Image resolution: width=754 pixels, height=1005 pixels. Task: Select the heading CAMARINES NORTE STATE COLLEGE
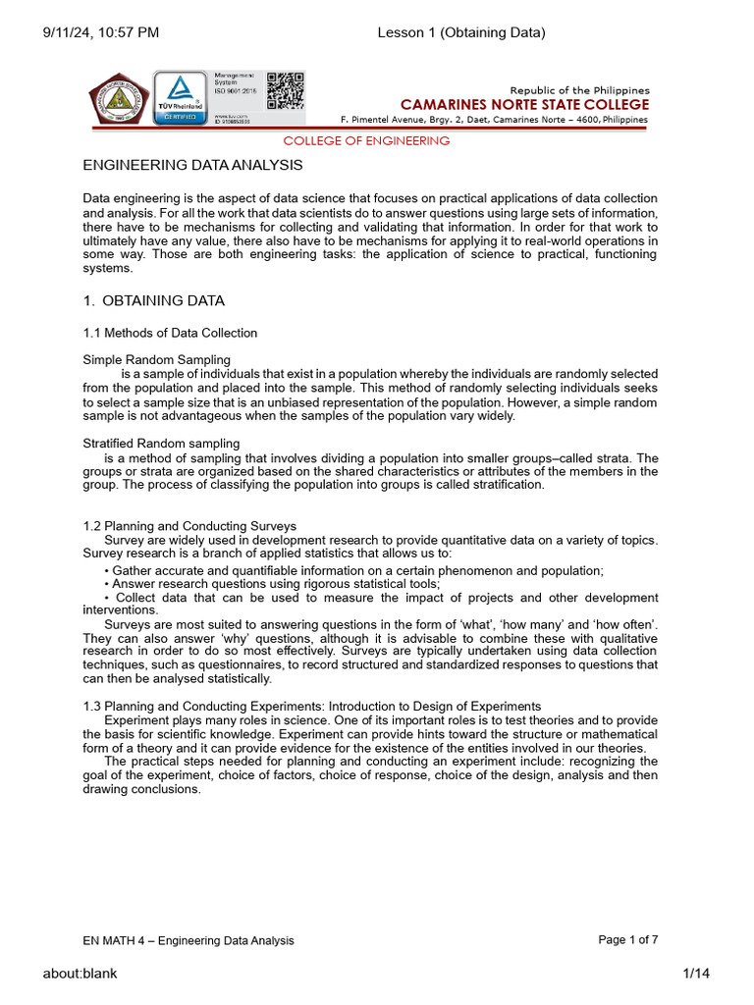(x=524, y=105)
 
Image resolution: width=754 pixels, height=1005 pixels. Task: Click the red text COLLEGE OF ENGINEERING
(x=366, y=140)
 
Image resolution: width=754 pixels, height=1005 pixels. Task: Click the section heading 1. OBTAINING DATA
(x=154, y=300)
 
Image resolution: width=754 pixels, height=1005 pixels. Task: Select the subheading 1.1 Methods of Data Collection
(x=171, y=333)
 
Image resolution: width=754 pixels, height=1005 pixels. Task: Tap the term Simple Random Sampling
(x=157, y=360)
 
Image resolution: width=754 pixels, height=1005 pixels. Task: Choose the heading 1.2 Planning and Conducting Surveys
(x=190, y=527)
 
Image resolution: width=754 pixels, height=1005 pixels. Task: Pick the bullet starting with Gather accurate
(x=353, y=570)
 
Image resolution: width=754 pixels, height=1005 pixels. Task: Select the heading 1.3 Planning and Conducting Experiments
(x=312, y=706)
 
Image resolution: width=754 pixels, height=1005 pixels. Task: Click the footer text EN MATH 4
(x=188, y=940)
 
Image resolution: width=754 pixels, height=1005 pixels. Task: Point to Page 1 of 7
(x=628, y=939)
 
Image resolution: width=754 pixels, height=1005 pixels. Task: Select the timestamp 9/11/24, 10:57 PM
(x=100, y=33)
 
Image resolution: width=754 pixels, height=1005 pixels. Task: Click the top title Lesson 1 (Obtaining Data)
(x=461, y=33)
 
